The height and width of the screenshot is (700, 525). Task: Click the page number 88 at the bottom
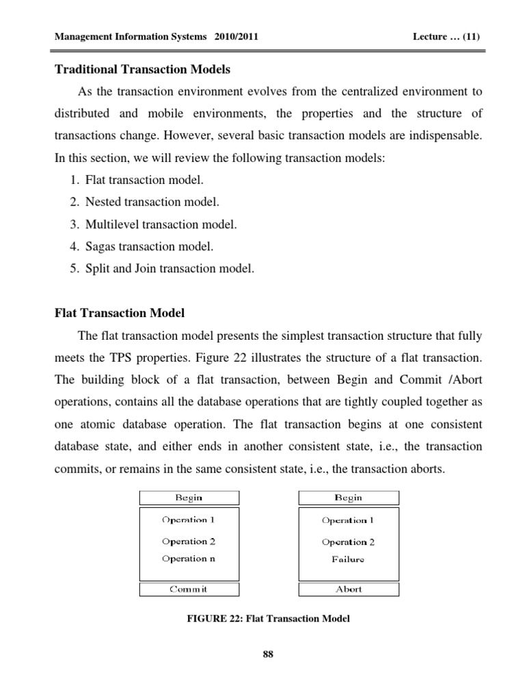pos(267,655)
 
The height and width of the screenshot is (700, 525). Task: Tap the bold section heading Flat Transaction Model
pos(120,313)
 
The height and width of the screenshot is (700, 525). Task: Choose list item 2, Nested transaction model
pos(152,202)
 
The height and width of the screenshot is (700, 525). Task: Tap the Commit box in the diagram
pos(189,589)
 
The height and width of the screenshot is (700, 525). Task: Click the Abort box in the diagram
pos(349,589)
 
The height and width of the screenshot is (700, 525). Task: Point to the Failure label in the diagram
pos(349,559)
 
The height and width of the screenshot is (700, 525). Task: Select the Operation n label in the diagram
pos(189,558)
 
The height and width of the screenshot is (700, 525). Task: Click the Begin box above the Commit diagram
pos(189,498)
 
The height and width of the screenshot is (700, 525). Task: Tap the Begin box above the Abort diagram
pos(349,498)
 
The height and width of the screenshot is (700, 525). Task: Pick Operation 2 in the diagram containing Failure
pos(349,542)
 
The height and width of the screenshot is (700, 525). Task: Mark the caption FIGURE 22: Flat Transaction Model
pos(267,619)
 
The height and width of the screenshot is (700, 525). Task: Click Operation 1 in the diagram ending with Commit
pos(189,520)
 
